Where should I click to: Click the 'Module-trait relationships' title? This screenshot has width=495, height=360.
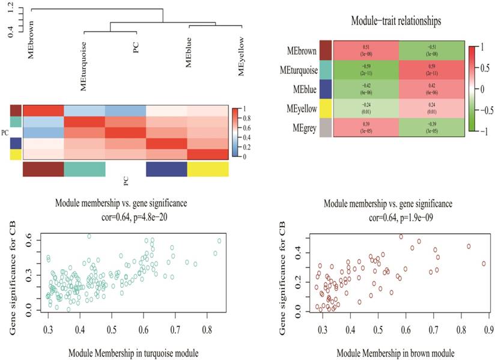coord(396,21)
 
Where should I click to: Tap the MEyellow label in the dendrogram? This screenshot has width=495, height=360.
coord(241,58)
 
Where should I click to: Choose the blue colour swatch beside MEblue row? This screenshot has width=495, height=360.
coord(325,88)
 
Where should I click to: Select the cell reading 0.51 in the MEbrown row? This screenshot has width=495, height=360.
coord(366,50)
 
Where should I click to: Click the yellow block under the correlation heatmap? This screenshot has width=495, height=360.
coord(208,169)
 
